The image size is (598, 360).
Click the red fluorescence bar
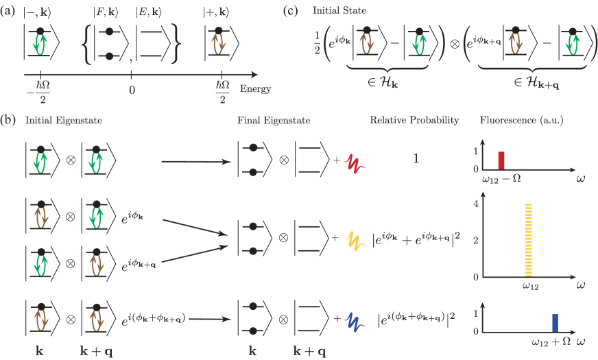(501, 160)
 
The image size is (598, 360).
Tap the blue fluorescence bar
(555, 322)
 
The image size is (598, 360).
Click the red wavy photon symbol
(356, 163)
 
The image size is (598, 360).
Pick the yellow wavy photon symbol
(356, 240)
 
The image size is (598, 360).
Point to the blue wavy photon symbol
(356, 319)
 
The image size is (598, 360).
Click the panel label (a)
(9, 12)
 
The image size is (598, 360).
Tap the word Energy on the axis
(255, 89)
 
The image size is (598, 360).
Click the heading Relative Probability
(414, 121)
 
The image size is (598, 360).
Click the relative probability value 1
(415, 159)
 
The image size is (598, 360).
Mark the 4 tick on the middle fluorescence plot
(475, 204)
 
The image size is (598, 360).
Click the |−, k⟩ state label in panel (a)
(38, 13)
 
